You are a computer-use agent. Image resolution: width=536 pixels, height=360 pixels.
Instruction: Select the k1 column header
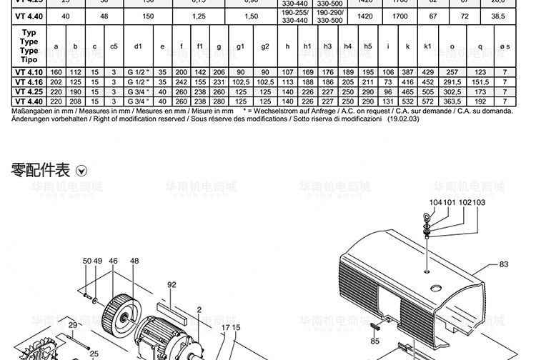(427, 46)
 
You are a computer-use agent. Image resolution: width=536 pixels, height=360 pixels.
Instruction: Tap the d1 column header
(138, 46)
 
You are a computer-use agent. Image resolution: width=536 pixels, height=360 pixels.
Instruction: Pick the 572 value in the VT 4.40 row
(427, 101)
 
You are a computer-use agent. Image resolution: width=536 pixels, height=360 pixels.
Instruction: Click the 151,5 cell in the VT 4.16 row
(480, 82)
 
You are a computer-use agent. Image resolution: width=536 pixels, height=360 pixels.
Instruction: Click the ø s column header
(505, 46)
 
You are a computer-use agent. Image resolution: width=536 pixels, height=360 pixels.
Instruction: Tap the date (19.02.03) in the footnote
(404, 120)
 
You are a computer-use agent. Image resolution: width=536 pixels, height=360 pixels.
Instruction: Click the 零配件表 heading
(41, 170)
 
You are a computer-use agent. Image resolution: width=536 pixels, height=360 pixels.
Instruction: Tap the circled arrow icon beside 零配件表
(81, 171)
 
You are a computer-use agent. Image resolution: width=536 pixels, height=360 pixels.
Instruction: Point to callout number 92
(172, 284)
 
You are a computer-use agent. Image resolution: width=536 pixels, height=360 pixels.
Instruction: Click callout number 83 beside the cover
(503, 264)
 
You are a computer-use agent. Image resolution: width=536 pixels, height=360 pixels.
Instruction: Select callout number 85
(375, 341)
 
